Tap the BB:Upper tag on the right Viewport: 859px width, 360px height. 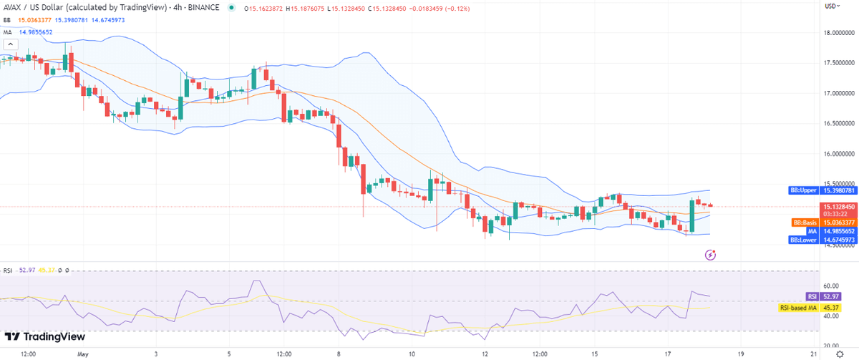point(805,190)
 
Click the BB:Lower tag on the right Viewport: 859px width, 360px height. point(805,240)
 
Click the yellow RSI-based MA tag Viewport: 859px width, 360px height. point(799,308)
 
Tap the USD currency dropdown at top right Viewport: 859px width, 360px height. point(831,6)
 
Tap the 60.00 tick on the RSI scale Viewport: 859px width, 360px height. point(830,286)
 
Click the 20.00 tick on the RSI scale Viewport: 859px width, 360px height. point(830,346)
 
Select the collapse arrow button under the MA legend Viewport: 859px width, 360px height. point(10,44)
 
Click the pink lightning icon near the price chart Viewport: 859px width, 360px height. point(711,254)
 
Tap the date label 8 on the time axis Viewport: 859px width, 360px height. point(338,354)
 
